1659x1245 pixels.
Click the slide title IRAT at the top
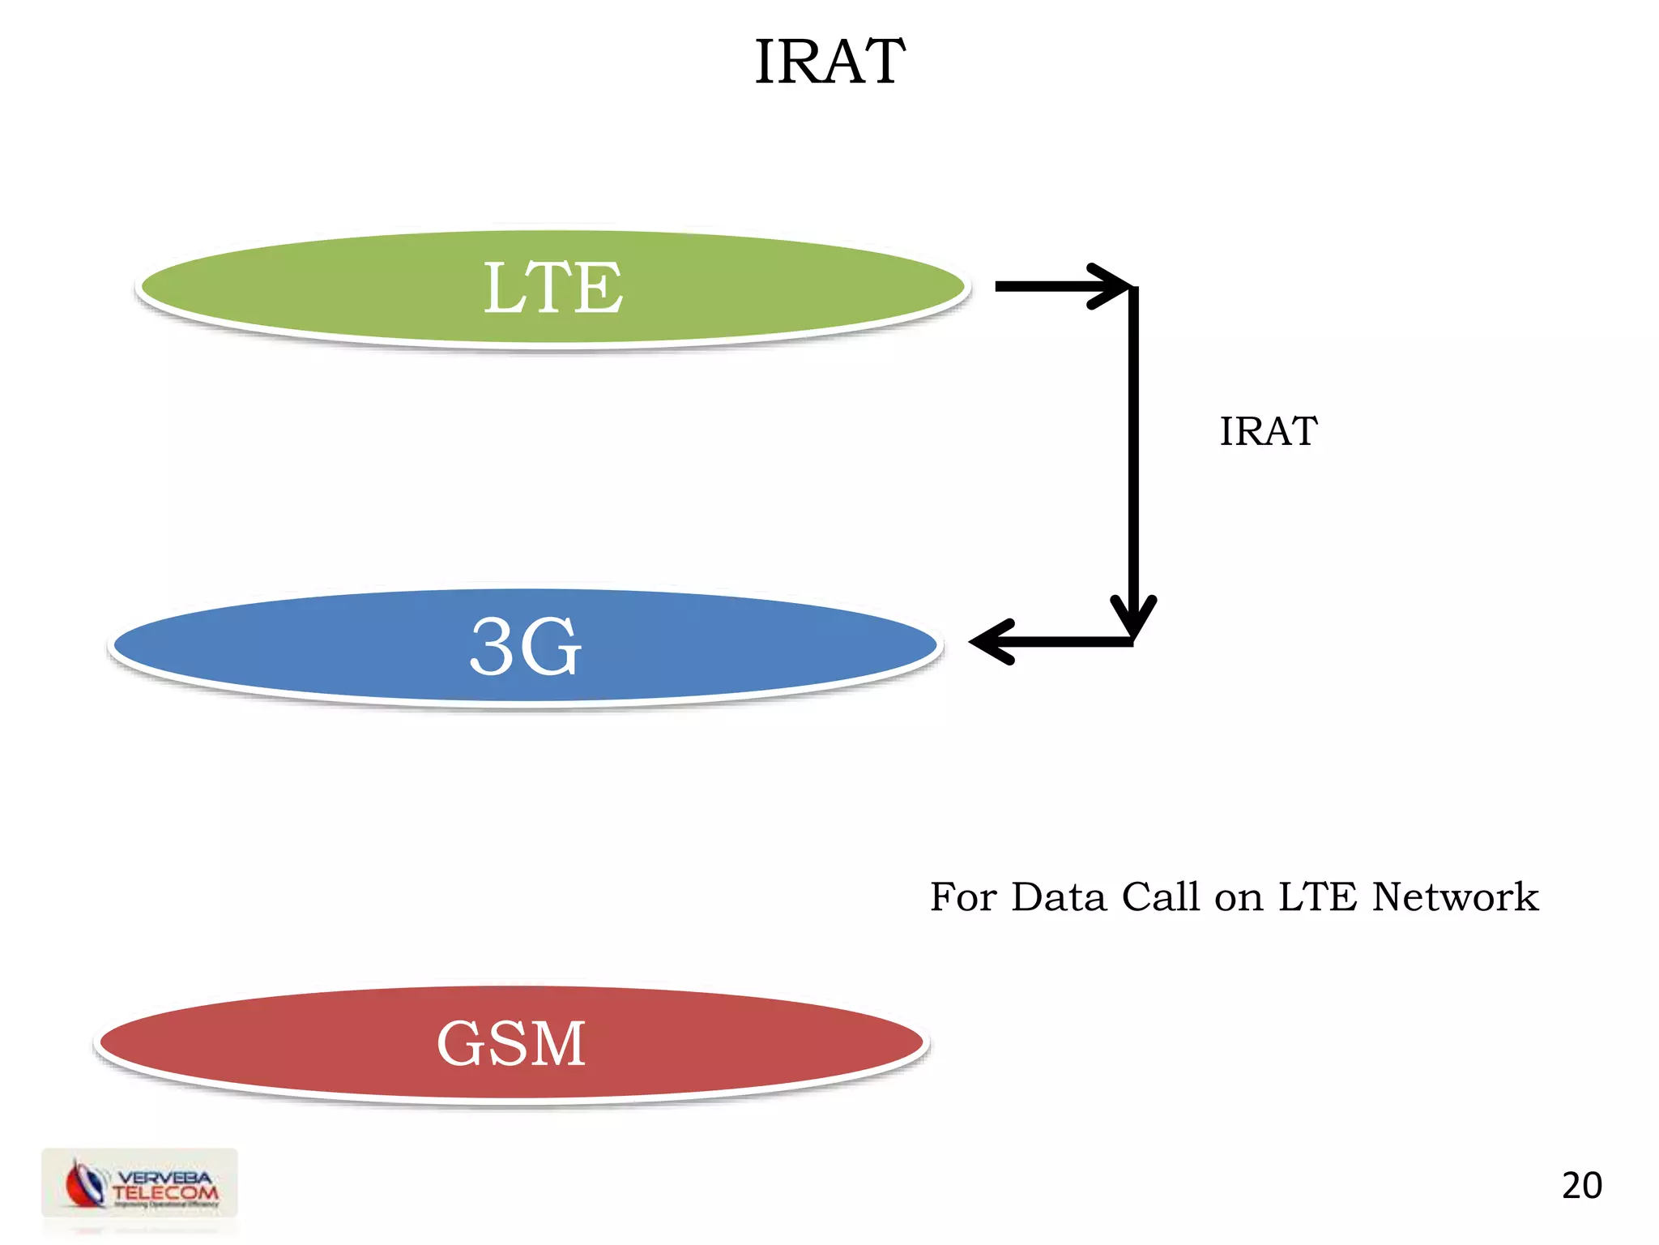829,62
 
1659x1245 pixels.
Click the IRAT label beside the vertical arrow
1269,431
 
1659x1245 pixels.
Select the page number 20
1581,1186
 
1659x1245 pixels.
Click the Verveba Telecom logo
140,1183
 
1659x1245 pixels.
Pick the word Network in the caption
1455,897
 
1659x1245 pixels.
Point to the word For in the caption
963,897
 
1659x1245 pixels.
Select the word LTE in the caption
1317,897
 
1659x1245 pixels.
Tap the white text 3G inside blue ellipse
526,646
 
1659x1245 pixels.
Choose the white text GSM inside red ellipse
511,1043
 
